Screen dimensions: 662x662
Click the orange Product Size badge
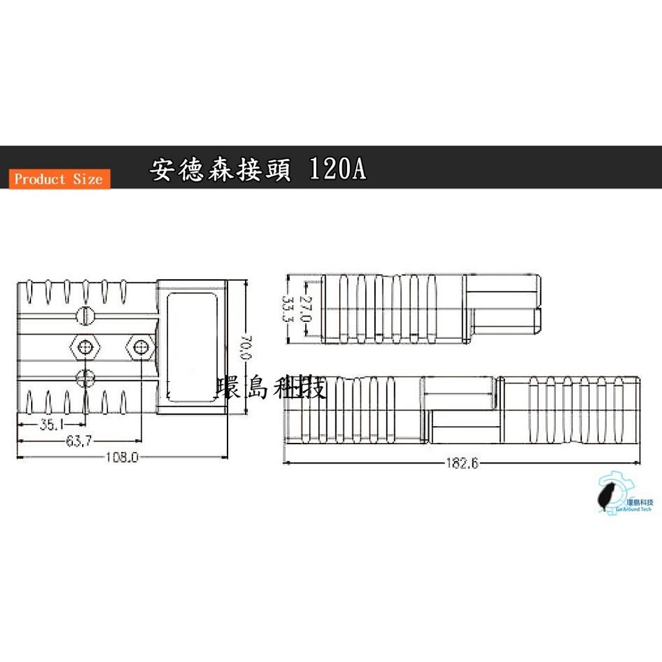(x=59, y=179)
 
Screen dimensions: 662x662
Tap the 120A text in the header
(x=337, y=169)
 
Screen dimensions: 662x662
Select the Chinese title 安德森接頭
(x=220, y=170)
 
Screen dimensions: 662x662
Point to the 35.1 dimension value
(x=51, y=424)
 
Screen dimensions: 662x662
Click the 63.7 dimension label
(x=78, y=441)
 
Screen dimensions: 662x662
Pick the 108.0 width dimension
(x=122, y=457)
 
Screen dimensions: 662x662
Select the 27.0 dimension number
(x=305, y=308)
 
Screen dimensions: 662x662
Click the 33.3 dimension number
(x=288, y=308)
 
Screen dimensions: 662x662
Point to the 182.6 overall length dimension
(x=462, y=464)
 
